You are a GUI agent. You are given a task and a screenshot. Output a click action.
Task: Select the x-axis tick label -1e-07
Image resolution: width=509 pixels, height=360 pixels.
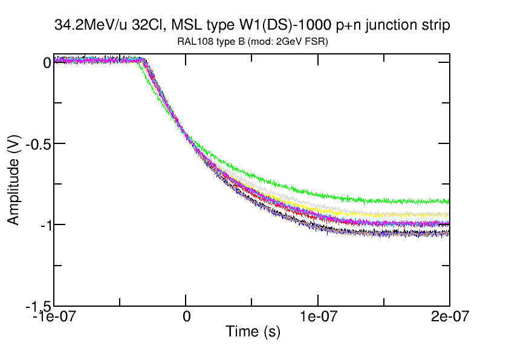pyautogui.click(x=53, y=316)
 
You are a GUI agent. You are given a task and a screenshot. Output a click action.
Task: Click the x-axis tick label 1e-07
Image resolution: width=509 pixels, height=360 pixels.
pyautogui.click(x=318, y=316)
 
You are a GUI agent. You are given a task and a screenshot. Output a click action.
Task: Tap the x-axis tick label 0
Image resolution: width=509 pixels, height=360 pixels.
pyautogui.click(x=186, y=316)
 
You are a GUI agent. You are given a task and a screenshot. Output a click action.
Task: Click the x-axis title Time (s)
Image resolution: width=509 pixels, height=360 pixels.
pyautogui.click(x=253, y=332)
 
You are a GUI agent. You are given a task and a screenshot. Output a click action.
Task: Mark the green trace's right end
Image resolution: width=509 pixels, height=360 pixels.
pyautogui.click(x=449, y=201)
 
